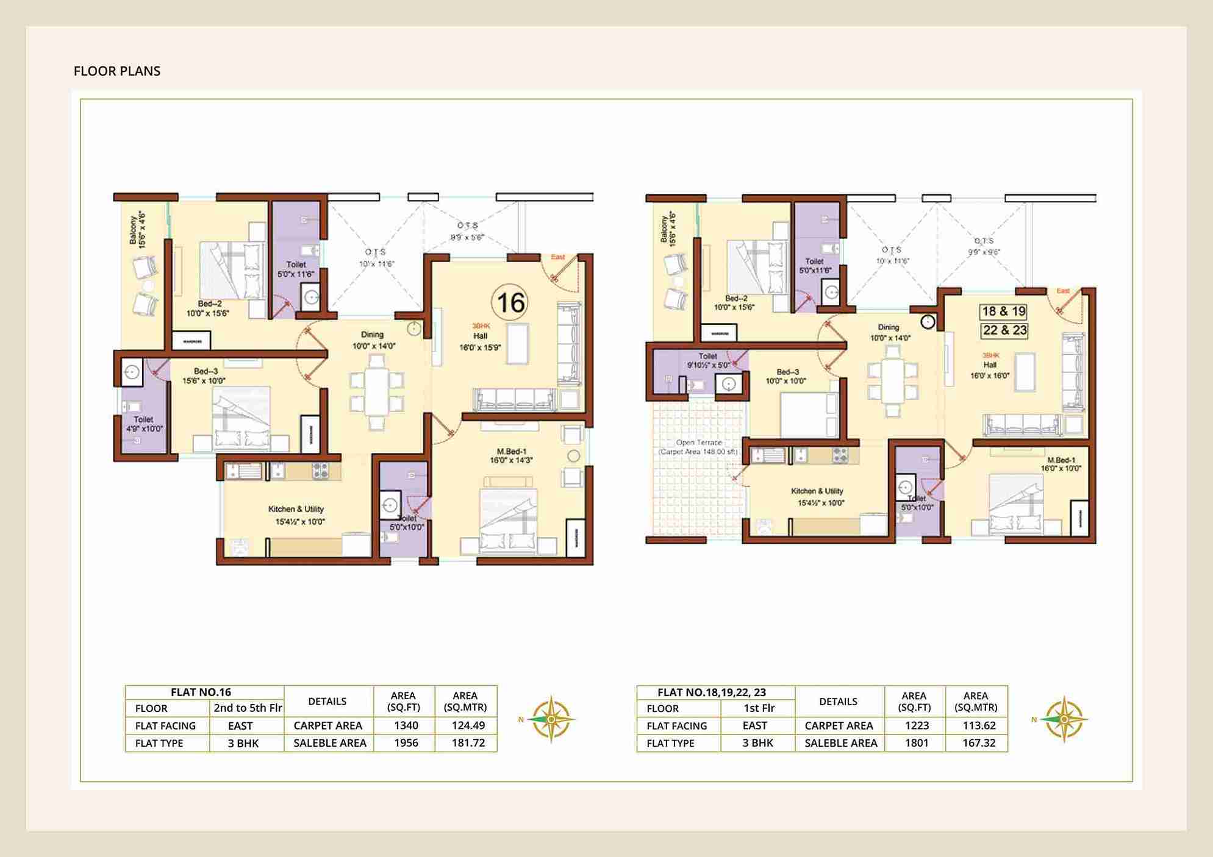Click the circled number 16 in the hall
[510, 302]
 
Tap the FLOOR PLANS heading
[117, 71]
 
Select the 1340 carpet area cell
[406, 725]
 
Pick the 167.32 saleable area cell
[978, 743]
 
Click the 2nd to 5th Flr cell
[248, 708]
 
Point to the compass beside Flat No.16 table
[551, 719]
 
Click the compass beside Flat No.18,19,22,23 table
[1064, 719]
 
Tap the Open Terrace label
[698, 447]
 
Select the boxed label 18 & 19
[1004, 311]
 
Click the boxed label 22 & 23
[1004, 330]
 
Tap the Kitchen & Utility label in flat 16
[296, 514]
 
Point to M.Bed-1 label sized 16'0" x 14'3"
[511, 456]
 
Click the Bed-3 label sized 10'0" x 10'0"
[787, 376]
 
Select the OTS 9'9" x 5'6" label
[467, 231]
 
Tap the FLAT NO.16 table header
[201, 692]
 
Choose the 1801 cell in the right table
[916, 743]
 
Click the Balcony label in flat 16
[137, 230]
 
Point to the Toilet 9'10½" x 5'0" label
[707, 360]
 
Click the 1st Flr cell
[759, 708]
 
